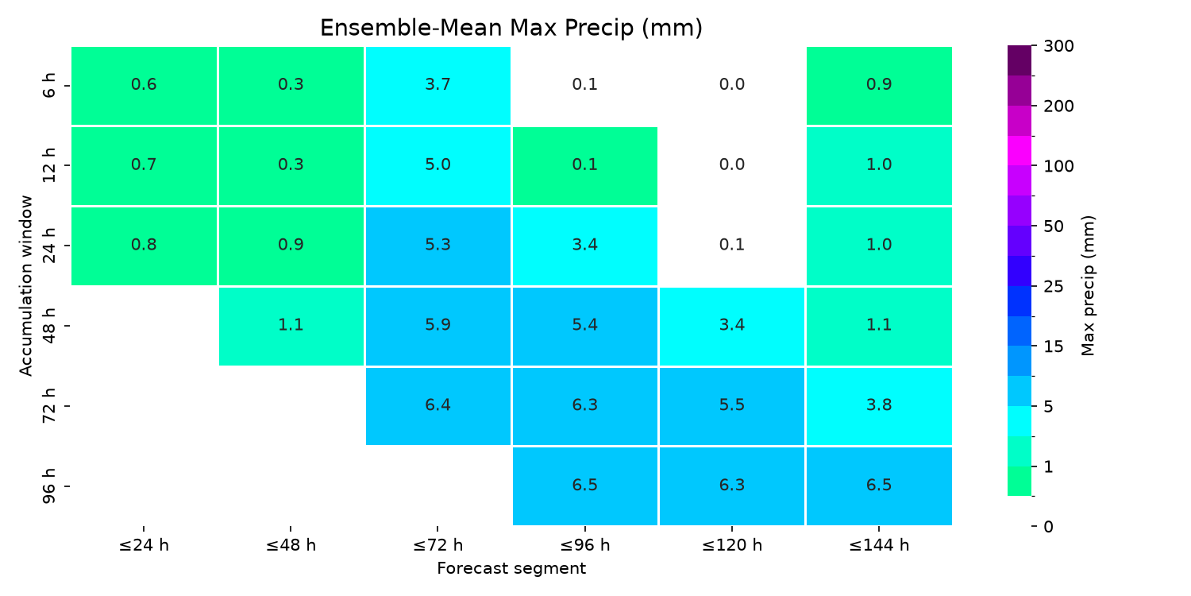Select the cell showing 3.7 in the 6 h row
tap(437, 86)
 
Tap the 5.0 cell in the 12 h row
tap(437, 166)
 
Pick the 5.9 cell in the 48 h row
tap(437, 326)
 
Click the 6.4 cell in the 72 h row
tap(437, 406)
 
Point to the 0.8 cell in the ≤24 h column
tap(144, 246)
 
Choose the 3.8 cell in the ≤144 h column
tap(879, 406)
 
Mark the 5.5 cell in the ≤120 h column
tap(731, 406)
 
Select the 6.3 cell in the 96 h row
tap(731, 486)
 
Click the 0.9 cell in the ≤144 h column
tap(879, 86)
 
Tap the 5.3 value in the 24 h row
tap(437, 245)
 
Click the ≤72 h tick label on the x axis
tap(437, 545)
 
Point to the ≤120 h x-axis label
tap(731, 545)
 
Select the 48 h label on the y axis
tap(49, 326)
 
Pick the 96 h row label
tap(49, 486)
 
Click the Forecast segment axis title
tap(511, 569)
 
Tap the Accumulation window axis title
tap(25, 286)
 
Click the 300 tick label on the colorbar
tap(1058, 46)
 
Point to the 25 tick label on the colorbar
tap(1054, 287)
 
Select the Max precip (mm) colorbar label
tap(1088, 286)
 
